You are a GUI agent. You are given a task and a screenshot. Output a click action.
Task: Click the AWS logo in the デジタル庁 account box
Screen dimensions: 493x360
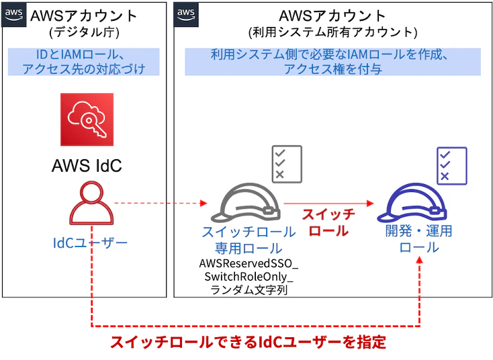pyautogui.click(x=14, y=15)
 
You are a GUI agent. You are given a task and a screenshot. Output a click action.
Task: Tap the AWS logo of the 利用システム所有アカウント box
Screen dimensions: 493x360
pyautogui.click(x=186, y=15)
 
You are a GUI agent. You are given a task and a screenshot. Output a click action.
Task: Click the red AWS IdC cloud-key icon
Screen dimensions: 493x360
pyautogui.click(x=87, y=120)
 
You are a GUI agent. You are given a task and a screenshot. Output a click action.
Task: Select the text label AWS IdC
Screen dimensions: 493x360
pyautogui.click(x=87, y=165)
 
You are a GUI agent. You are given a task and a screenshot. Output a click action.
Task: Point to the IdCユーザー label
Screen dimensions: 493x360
pyautogui.click(x=90, y=242)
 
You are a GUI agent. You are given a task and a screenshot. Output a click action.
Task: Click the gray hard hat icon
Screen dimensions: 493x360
pyautogui.click(x=246, y=203)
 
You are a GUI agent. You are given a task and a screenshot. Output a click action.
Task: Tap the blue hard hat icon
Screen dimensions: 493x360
pyautogui.click(x=412, y=203)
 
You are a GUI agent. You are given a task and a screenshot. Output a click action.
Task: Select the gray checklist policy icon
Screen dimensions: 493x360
pyautogui.click(x=287, y=164)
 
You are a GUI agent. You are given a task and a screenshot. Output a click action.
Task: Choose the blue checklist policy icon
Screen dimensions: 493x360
pyautogui.click(x=452, y=166)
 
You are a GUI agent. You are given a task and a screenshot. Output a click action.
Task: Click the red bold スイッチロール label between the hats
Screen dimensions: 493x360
pyautogui.click(x=328, y=222)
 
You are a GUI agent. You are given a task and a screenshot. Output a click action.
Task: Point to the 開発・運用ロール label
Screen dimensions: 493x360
pyautogui.click(x=419, y=239)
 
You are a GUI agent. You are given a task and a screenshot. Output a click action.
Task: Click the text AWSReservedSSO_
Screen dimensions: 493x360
pyautogui.click(x=249, y=263)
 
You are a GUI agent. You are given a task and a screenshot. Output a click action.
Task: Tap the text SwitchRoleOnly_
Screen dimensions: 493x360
pyautogui.click(x=249, y=277)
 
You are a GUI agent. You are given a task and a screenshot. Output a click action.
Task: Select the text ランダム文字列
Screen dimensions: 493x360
pyautogui.click(x=249, y=289)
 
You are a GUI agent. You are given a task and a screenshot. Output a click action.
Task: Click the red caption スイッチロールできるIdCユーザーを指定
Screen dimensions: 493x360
pyautogui.click(x=248, y=342)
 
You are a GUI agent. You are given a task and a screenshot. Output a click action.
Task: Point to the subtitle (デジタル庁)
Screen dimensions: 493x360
pyautogui.click(x=84, y=32)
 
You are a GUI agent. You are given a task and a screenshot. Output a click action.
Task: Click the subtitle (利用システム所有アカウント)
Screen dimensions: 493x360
pyautogui.click(x=332, y=32)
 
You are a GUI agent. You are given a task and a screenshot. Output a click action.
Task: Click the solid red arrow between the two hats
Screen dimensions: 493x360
pyautogui.click(x=328, y=204)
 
